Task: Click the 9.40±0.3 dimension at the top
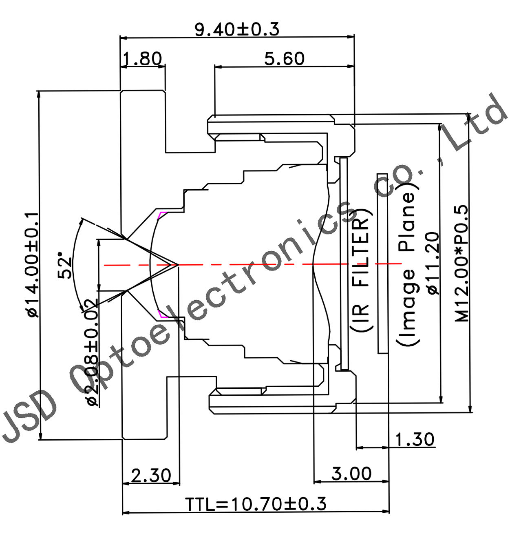pyautogui.click(x=237, y=29)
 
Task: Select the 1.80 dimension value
pyautogui.click(x=142, y=59)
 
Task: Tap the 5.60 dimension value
pyautogui.click(x=284, y=59)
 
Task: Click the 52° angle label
pyautogui.click(x=65, y=265)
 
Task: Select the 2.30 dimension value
pyautogui.click(x=151, y=476)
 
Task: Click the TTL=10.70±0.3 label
pyautogui.click(x=256, y=504)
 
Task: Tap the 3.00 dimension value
pyautogui.click(x=351, y=474)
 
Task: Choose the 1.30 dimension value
pyautogui.click(x=415, y=440)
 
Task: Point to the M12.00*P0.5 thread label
pyautogui.click(x=462, y=264)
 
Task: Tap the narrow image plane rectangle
pyautogui.click(x=382, y=264)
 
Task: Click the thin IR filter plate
pyautogui.click(x=344, y=264)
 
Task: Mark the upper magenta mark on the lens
pyautogui.click(x=162, y=215)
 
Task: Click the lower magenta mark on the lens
pyautogui.click(x=162, y=314)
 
